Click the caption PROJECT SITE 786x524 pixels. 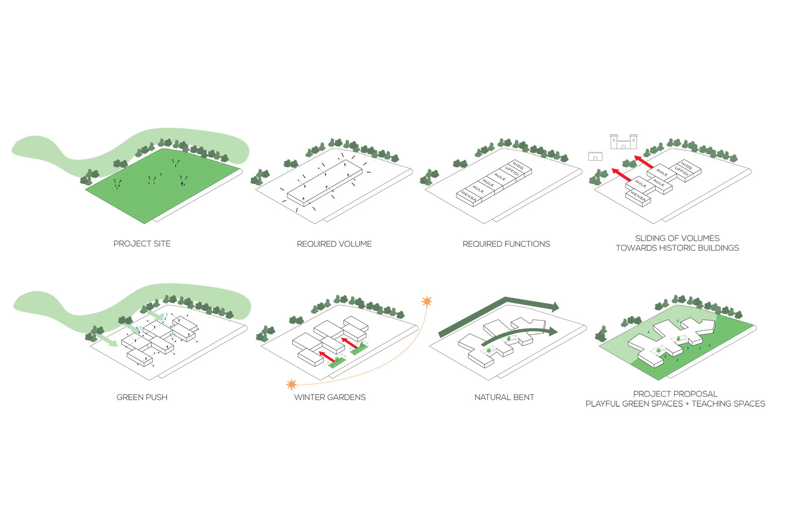pyautogui.click(x=142, y=244)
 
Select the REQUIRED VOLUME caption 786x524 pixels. pyautogui.click(x=334, y=244)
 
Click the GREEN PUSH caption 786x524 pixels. pyautogui.click(x=142, y=397)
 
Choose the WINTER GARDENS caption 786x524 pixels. pyautogui.click(x=330, y=397)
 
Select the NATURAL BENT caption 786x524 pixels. pyautogui.click(x=504, y=397)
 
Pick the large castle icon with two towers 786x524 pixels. pyautogui.click(x=623, y=142)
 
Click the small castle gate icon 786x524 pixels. pyautogui.click(x=595, y=156)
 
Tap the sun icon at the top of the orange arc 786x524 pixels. pyautogui.click(x=427, y=301)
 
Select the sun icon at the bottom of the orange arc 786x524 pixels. pyautogui.click(x=291, y=384)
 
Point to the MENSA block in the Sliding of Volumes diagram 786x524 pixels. pyautogui.click(x=638, y=197)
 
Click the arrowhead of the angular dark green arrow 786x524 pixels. pyautogui.click(x=555, y=307)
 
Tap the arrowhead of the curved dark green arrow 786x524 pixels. pyautogui.click(x=554, y=331)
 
